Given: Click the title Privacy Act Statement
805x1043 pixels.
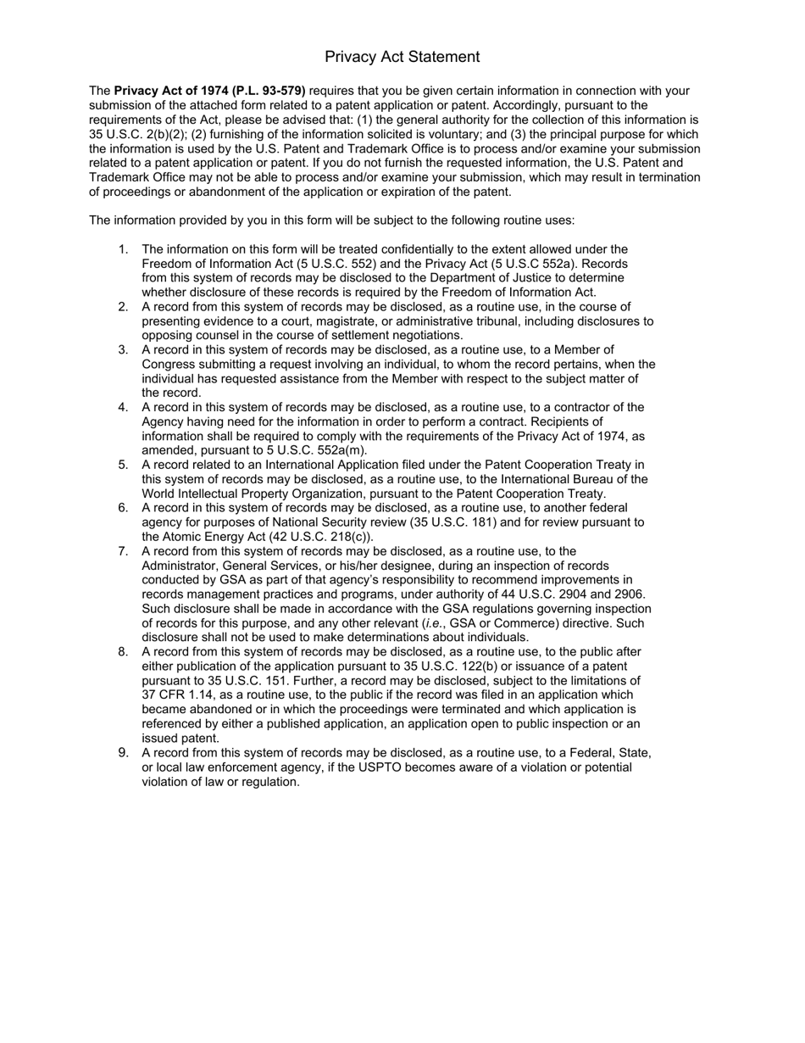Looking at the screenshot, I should click(402, 57).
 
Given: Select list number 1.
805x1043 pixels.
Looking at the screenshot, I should click(124, 249).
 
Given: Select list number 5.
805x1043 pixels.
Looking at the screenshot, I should click(124, 465).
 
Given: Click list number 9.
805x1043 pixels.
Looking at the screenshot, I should click(124, 753).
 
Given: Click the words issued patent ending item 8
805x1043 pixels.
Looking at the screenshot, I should click(180, 739).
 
